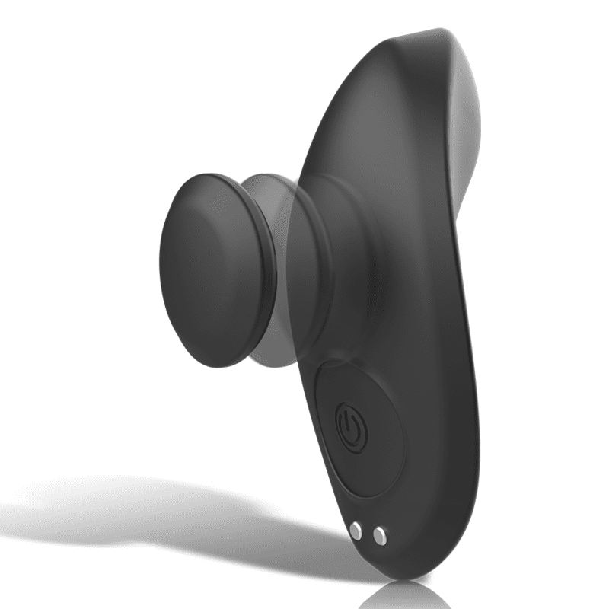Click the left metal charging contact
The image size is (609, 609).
coord(356,529)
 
